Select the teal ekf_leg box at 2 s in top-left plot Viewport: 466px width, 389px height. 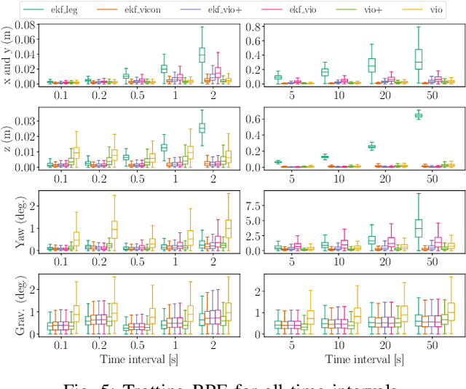pyautogui.click(x=202, y=55)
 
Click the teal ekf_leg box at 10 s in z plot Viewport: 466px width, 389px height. pyautogui.click(x=325, y=157)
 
